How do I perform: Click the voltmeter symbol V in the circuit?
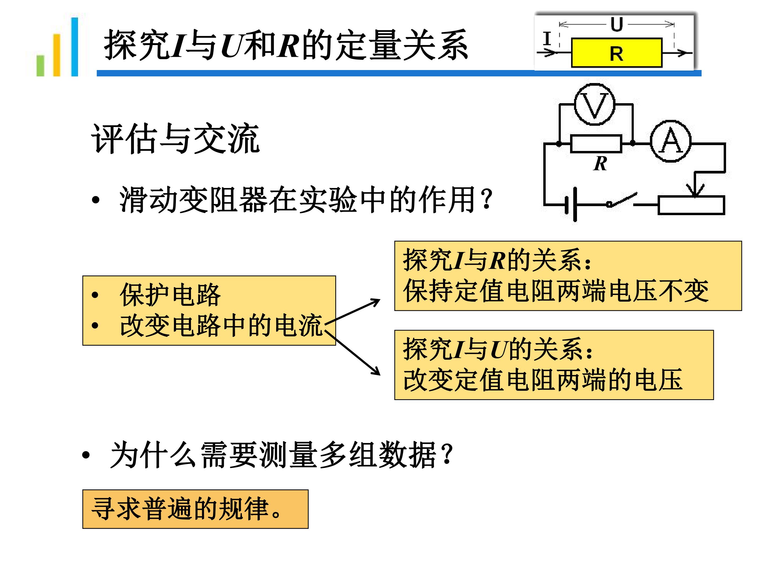[x=594, y=104]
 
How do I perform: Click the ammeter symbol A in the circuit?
[x=671, y=141]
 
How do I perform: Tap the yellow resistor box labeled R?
[x=617, y=53]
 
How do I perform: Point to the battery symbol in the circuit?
[x=571, y=205]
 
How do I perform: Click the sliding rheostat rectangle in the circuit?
[x=691, y=205]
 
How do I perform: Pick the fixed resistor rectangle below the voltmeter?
[x=596, y=143]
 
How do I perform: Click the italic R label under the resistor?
[x=600, y=163]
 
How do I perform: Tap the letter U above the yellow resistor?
[x=617, y=24]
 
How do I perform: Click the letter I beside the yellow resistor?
[x=547, y=38]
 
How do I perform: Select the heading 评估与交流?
[x=175, y=138]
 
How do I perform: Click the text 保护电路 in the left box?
[x=170, y=295]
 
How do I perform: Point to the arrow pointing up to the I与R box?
[x=352, y=312]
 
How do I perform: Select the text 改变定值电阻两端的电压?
[x=543, y=380]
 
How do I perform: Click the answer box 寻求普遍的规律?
[x=195, y=509]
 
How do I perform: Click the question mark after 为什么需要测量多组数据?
[x=448, y=454]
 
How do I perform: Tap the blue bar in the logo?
[x=75, y=47]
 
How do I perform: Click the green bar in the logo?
[x=40, y=65]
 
